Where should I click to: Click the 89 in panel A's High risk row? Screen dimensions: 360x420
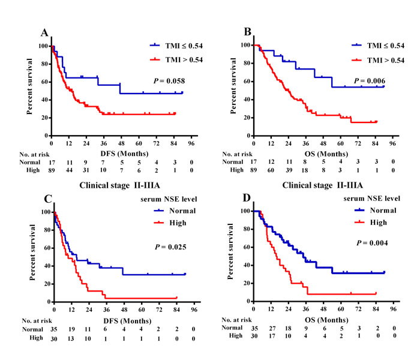point(52,170)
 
